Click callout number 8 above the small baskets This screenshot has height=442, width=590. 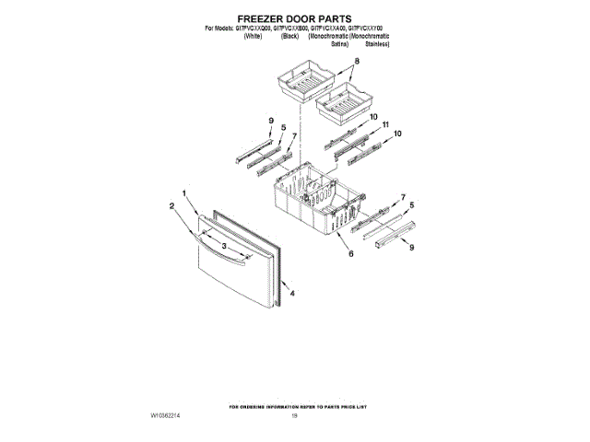coord(357,62)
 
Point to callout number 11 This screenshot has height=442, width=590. coord(386,124)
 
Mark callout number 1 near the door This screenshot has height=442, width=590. coord(184,193)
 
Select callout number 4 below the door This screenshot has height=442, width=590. coord(292,293)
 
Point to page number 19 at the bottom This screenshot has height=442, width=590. coord(294,416)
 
